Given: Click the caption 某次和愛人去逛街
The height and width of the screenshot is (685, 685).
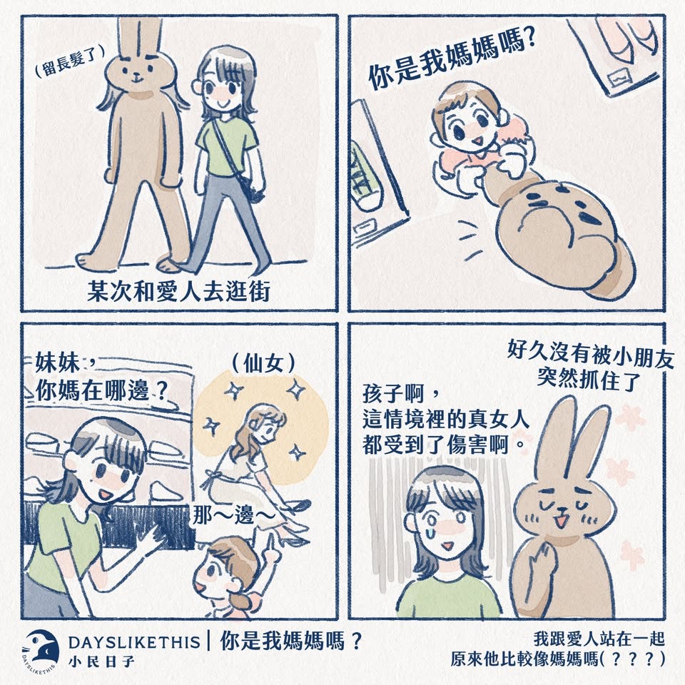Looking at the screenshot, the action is pyautogui.click(x=178, y=291).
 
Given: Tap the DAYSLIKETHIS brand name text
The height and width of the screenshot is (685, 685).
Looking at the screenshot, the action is pyautogui.click(x=134, y=642).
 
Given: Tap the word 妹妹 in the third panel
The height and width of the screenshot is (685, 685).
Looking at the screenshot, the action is pyautogui.click(x=58, y=363).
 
